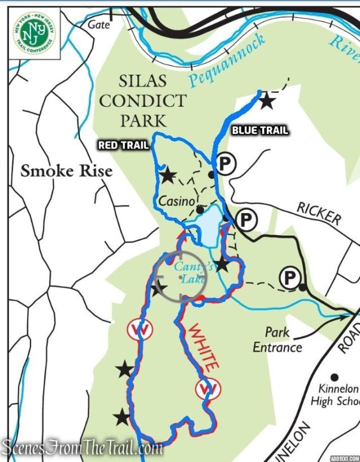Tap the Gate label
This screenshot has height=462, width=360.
[98, 24]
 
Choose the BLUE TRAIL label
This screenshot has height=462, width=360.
[260, 131]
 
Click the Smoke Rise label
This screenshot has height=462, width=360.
[67, 170]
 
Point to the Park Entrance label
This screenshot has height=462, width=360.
[277, 339]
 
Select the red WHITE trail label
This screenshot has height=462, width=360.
[202, 346]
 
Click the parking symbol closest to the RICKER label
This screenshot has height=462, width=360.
[246, 218]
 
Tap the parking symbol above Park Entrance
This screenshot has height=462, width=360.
[289, 277]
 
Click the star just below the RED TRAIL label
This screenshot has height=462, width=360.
[167, 175]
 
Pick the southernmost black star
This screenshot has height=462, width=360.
[122, 418]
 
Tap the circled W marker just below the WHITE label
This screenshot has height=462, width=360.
[207, 388]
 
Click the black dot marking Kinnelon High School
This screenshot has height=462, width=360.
[335, 377]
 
